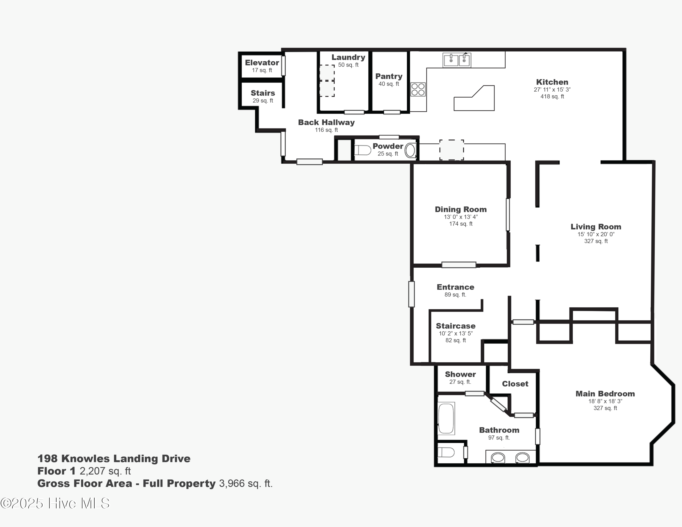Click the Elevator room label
point(262,63)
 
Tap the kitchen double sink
point(457,60)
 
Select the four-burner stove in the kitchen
point(418,89)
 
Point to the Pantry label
point(389,76)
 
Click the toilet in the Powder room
point(362,151)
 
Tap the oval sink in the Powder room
point(410,151)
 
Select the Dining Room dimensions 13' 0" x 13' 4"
point(461,217)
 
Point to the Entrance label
point(455,287)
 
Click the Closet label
point(515,384)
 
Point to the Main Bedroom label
point(605,394)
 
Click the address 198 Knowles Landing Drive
point(114,459)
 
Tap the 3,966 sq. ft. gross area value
point(246,484)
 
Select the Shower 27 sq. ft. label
point(460,378)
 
